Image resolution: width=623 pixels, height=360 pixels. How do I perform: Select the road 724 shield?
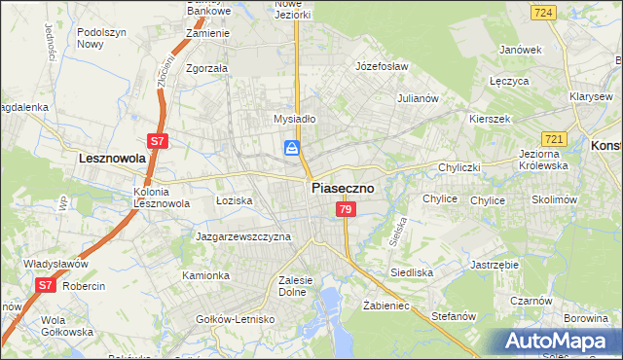click(x=544, y=13)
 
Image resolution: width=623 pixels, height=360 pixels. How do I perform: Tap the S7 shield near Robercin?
click(x=45, y=285)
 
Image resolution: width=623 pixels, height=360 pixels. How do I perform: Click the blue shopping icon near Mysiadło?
click(x=291, y=148)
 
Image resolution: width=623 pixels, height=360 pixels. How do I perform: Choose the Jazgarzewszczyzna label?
click(x=243, y=236)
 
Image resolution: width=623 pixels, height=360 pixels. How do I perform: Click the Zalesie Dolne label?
click(x=295, y=285)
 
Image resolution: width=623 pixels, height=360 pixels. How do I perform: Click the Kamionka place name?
click(x=205, y=275)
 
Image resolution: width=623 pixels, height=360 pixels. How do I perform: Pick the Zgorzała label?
click(x=206, y=69)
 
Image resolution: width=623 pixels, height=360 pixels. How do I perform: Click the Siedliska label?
click(x=412, y=272)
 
